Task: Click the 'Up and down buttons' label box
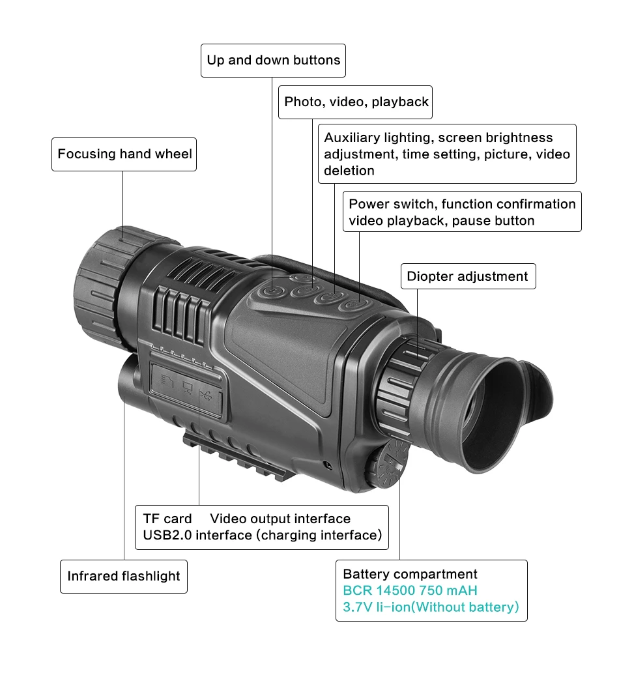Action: [x=273, y=60]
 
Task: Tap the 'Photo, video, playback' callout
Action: [x=356, y=102]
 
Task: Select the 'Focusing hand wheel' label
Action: [x=124, y=154]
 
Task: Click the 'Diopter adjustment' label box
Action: [x=467, y=276]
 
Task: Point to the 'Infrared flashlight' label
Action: [x=124, y=576]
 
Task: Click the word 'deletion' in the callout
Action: [x=349, y=171]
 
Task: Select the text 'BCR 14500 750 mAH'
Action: [x=410, y=591]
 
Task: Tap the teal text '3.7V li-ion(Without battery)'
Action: [x=431, y=607]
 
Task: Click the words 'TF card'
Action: [x=167, y=519]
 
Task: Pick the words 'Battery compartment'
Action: [x=410, y=574]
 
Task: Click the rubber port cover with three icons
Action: [x=187, y=388]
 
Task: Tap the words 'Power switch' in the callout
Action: [x=381, y=205]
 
